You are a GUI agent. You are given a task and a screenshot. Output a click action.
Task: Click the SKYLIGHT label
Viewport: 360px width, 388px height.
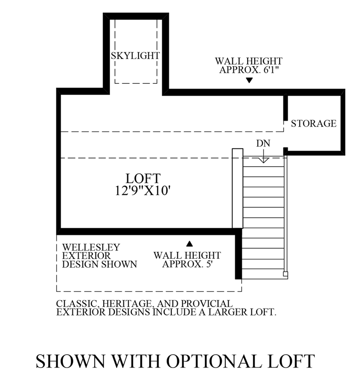point(135,56)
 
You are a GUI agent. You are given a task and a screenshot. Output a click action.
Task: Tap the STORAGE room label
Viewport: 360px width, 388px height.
point(313,123)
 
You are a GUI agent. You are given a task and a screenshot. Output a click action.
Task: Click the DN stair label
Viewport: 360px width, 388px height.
point(263,143)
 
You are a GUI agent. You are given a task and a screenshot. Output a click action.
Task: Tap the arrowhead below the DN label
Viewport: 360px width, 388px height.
point(263,160)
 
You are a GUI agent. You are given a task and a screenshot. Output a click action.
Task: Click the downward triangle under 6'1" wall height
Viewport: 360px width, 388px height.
point(248,80)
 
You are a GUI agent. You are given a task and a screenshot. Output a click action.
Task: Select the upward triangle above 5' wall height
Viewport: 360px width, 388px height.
point(189,243)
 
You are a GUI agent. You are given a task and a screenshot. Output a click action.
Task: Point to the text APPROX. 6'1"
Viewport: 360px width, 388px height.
point(248,70)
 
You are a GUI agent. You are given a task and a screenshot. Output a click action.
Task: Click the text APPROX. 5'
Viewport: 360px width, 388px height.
point(187,264)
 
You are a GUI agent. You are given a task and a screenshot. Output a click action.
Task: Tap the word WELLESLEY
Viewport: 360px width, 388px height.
point(91,248)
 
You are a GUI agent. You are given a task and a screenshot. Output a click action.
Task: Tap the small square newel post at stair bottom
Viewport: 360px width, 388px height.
point(285,274)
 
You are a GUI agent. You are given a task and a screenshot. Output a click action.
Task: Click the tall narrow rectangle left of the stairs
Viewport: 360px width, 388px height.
point(237,188)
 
